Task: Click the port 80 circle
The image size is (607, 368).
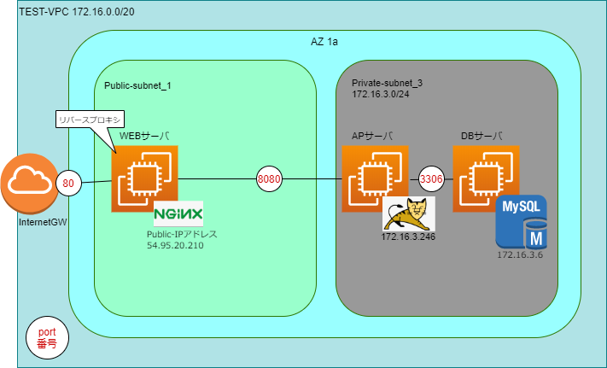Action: coord(68,181)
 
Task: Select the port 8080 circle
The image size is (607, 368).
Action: coord(269,180)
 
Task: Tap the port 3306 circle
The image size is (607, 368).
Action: coord(431,179)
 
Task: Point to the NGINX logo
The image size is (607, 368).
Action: coord(178,213)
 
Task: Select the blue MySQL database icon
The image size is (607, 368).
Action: coord(522,220)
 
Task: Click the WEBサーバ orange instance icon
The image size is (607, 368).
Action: coord(143,178)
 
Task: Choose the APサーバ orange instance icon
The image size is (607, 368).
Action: coord(374,178)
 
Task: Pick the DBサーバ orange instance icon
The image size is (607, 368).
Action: coord(486,178)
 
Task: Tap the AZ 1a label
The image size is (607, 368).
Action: coord(324,42)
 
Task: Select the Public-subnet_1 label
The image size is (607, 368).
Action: coord(138,86)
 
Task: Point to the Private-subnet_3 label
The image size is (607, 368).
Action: coord(387,82)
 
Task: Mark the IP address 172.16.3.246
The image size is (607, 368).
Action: coord(408,237)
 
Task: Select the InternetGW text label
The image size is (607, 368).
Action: coord(31,224)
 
